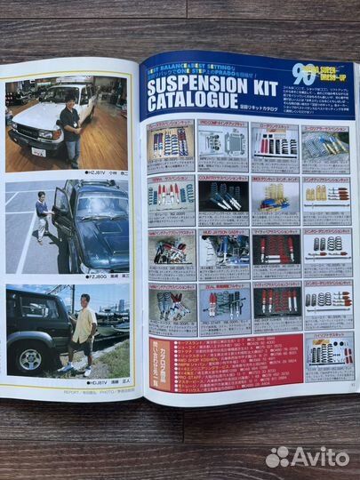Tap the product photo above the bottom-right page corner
click(328, 357)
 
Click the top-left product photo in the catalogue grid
click(171, 143)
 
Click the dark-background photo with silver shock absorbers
click(222, 195)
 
